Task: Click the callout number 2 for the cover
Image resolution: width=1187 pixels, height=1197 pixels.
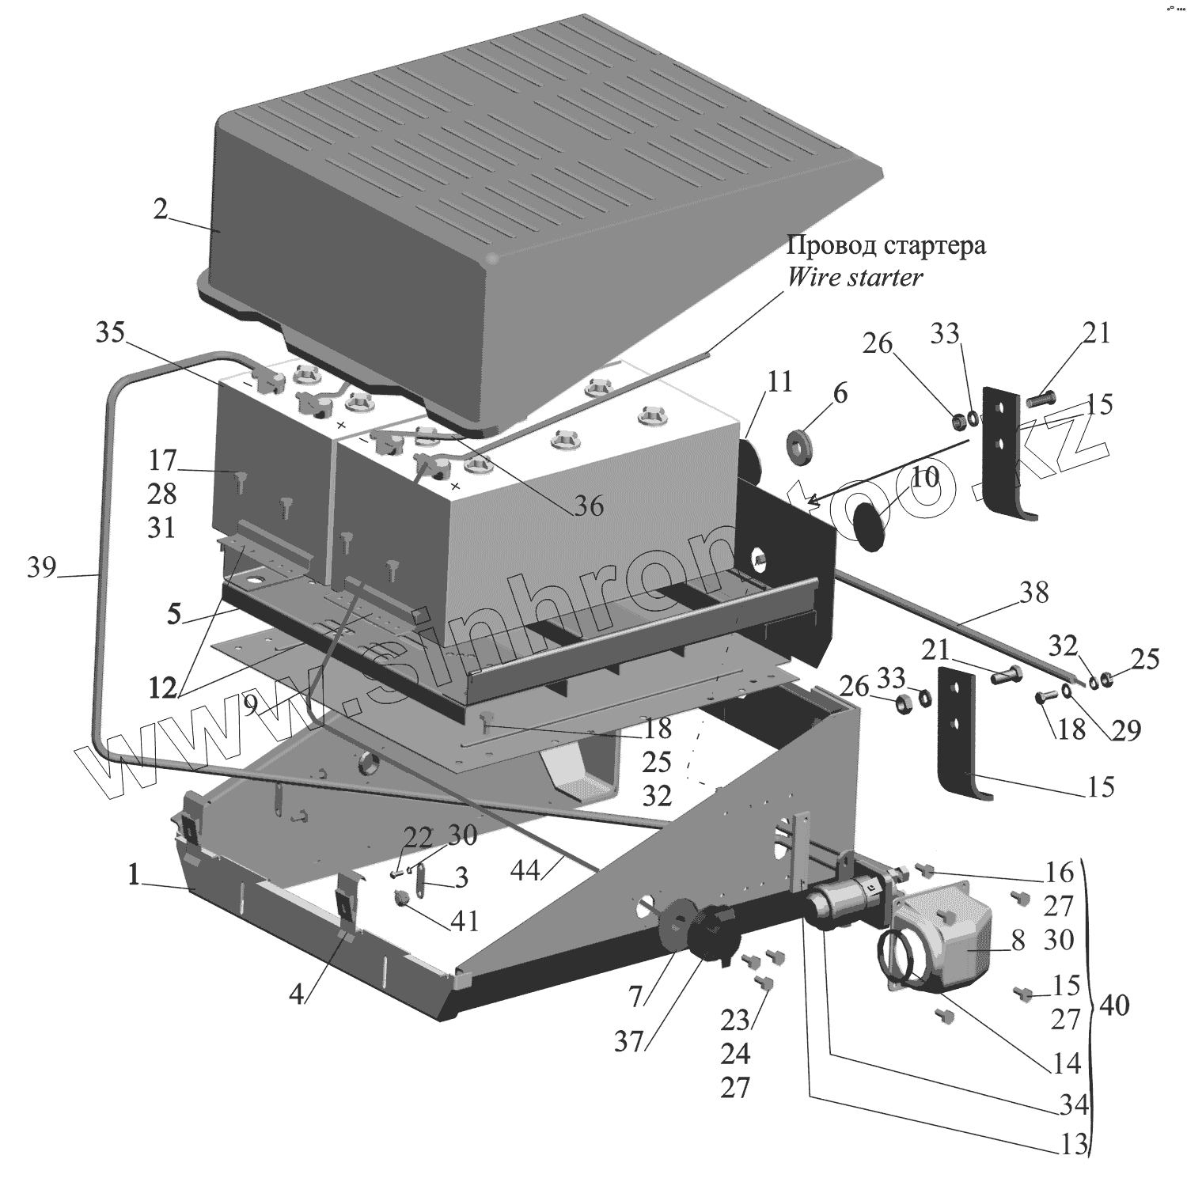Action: (x=161, y=210)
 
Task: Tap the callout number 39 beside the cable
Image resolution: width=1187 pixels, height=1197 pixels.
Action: (x=42, y=567)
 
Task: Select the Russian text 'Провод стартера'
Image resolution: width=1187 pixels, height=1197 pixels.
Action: (x=886, y=245)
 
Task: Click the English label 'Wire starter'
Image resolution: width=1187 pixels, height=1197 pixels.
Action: (x=855, y=278)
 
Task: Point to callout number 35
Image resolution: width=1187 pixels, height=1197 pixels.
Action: (x=111, y=333)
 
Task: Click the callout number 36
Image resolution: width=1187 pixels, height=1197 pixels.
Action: (x=589, y=505)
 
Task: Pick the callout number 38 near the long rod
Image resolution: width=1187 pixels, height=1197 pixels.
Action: (x=1033, y=592)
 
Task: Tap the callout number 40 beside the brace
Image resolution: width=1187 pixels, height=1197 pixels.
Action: (x=1113, y=1006)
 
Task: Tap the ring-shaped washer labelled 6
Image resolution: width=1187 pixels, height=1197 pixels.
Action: (x=802, y=443)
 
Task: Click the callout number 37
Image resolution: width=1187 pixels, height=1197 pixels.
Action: (x=631, y=1042)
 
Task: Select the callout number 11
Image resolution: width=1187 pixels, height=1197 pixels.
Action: (x=779, y=382)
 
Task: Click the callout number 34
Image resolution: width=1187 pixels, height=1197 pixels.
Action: (x=1073, y=1104)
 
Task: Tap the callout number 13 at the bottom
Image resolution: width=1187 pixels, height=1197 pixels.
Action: (x=1073, y=1145)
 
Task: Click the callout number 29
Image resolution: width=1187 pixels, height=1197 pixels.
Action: (x=1125, y=730)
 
